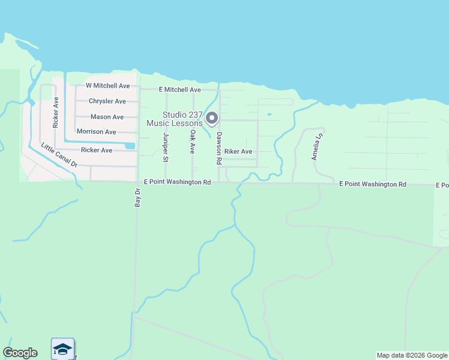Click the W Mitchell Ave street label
pyautogui.click(x=108, y=86)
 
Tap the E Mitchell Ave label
pyautogui.click(x=179, y=89)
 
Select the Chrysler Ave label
pyautogui.click(x=107, y=101)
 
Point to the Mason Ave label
pyautogui.click(x=107, y=117)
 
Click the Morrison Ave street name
pyautogui.click(x=96, y=131)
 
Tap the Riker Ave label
pyautogui.click(x=238, y=152)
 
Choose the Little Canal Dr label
pyautogui.click(x=59, y=155)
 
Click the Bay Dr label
pyautogui.click(x=137, y=198)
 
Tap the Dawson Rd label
pyautogui.click(x=220, y=148)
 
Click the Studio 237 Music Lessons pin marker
pyautogui.click(x=211, y=118)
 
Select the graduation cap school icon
pyautogui.click(x=62, y=349)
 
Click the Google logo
pyautogui.click(x=20, y=353)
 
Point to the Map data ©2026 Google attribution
pyautogui.click(x=411, y=355)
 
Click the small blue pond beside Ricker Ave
pyautogui.click(x=130, y=145)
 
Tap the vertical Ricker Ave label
pyautogui.click(x=55, y=112)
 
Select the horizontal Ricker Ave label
pyautogui.click(x=96, y=150)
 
